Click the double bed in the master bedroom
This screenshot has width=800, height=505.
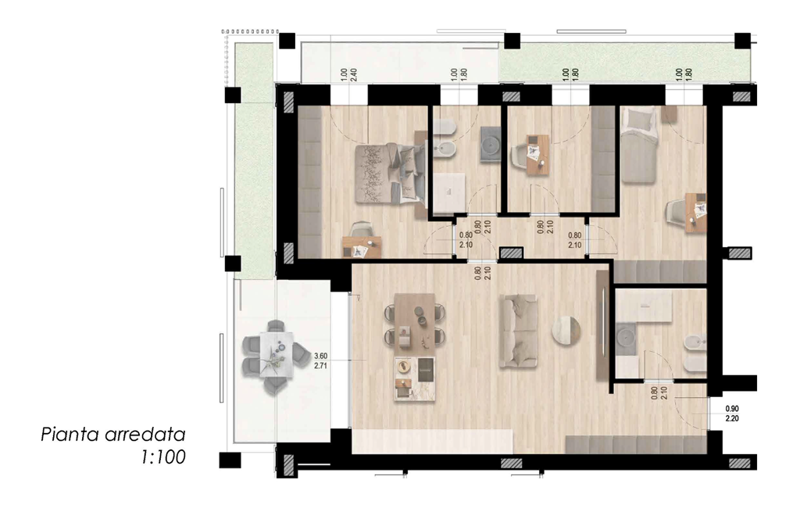click(x=391, y=173)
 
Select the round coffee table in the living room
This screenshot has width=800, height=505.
click(x=566, y=330)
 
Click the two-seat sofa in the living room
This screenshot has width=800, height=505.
click(x=518, y=331)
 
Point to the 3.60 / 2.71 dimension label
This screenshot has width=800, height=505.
click(x=320, y=361)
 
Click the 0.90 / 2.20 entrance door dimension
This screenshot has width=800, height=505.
click(x=732, y=414)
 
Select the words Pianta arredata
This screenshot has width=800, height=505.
click(x=112, y=435)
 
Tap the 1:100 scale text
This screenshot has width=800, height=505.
click(x=163, y=457)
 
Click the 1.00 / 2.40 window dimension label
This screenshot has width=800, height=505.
click(x=348, y=75)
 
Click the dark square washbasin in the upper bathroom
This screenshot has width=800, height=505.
click(x=491, y=145)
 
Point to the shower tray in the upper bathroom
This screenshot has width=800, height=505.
click(x=449, y=192)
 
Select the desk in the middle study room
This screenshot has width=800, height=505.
click(x=537, y=155)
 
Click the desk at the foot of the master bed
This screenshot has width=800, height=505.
click(x=362, y=248)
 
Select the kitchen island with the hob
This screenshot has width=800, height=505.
click(x=415, y=378)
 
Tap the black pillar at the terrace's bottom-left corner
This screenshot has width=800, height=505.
click(x=230, y=460)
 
